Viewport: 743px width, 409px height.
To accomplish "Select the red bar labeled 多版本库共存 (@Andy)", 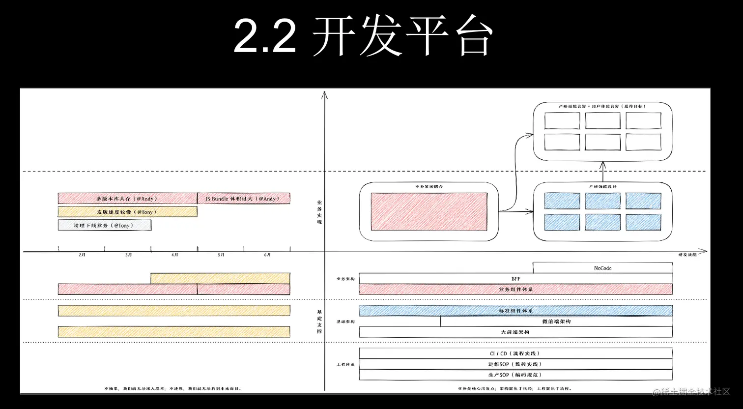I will click(127, 199).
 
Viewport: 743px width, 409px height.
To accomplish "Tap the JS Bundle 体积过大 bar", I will click(243, 199).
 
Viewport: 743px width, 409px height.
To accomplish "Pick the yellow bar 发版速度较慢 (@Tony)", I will click(127, 212).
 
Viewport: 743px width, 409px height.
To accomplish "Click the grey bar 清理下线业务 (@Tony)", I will click(104, 225).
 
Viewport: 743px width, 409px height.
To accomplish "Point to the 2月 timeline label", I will click(82, 255).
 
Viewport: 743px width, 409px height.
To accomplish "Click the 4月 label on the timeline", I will click(175, 255).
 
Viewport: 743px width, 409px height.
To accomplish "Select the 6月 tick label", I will click(267, 255).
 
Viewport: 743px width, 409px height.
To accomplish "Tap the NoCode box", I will click(602, 268).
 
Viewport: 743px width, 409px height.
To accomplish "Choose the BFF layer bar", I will click(515, 279).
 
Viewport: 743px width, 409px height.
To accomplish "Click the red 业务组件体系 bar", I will click(515, 290).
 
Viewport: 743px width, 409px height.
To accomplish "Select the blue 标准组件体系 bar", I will click(515, 311).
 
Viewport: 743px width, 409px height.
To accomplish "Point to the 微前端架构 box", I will click(556, 321).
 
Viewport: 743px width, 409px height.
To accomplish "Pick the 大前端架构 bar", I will click(515, 332).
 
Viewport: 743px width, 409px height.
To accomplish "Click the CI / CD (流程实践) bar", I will click(515, 353).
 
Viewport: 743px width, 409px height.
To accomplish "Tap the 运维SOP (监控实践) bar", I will click(515, 364).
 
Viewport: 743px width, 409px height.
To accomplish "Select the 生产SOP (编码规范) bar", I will click(515, 375).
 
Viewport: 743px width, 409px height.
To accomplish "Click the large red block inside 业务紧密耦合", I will click(429, 211).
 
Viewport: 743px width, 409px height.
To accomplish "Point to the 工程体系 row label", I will click(345, 365).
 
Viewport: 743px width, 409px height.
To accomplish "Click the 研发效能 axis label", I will click(687, 255).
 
